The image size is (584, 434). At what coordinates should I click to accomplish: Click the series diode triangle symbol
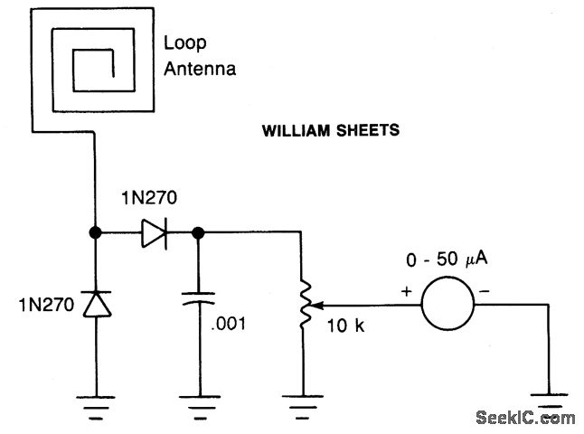coord(152,233)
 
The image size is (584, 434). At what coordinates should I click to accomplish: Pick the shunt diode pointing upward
coord(94,304)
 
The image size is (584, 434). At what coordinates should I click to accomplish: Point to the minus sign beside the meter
coord(485,292)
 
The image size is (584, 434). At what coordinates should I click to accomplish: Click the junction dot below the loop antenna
coord(94,233)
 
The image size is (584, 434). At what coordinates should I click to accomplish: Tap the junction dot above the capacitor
coord(198,233)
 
